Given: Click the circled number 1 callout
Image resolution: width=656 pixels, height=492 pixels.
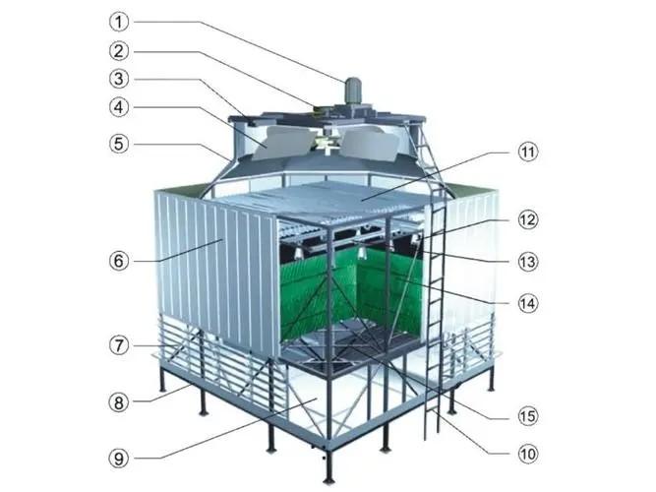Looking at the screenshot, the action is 119,22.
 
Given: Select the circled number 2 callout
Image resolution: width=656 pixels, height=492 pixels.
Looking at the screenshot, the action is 119,51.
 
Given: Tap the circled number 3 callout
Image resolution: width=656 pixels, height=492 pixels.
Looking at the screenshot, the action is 119,79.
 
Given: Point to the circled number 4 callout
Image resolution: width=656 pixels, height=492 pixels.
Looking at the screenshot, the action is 119,107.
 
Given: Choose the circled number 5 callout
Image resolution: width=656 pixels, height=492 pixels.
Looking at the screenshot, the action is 119,144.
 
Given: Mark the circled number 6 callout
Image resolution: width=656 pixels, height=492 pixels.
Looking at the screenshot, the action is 119,262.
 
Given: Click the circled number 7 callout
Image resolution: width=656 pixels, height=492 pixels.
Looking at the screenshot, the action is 119,345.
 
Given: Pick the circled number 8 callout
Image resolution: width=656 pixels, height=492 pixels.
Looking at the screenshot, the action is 119,402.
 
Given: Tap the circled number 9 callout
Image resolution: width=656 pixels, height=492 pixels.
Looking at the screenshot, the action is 119,459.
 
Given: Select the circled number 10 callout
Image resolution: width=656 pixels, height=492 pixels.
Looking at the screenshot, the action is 527,454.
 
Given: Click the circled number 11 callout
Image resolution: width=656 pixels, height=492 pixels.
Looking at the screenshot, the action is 527,152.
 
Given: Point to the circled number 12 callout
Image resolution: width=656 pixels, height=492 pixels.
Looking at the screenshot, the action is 527,219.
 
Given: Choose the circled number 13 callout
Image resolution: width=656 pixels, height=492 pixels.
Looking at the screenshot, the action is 527,262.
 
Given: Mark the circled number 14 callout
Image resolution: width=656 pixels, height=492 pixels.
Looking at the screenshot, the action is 527,303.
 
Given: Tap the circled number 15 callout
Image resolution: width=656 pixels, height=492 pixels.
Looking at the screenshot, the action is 527,416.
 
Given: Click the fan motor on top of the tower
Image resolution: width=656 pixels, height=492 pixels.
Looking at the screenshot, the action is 353,92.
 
